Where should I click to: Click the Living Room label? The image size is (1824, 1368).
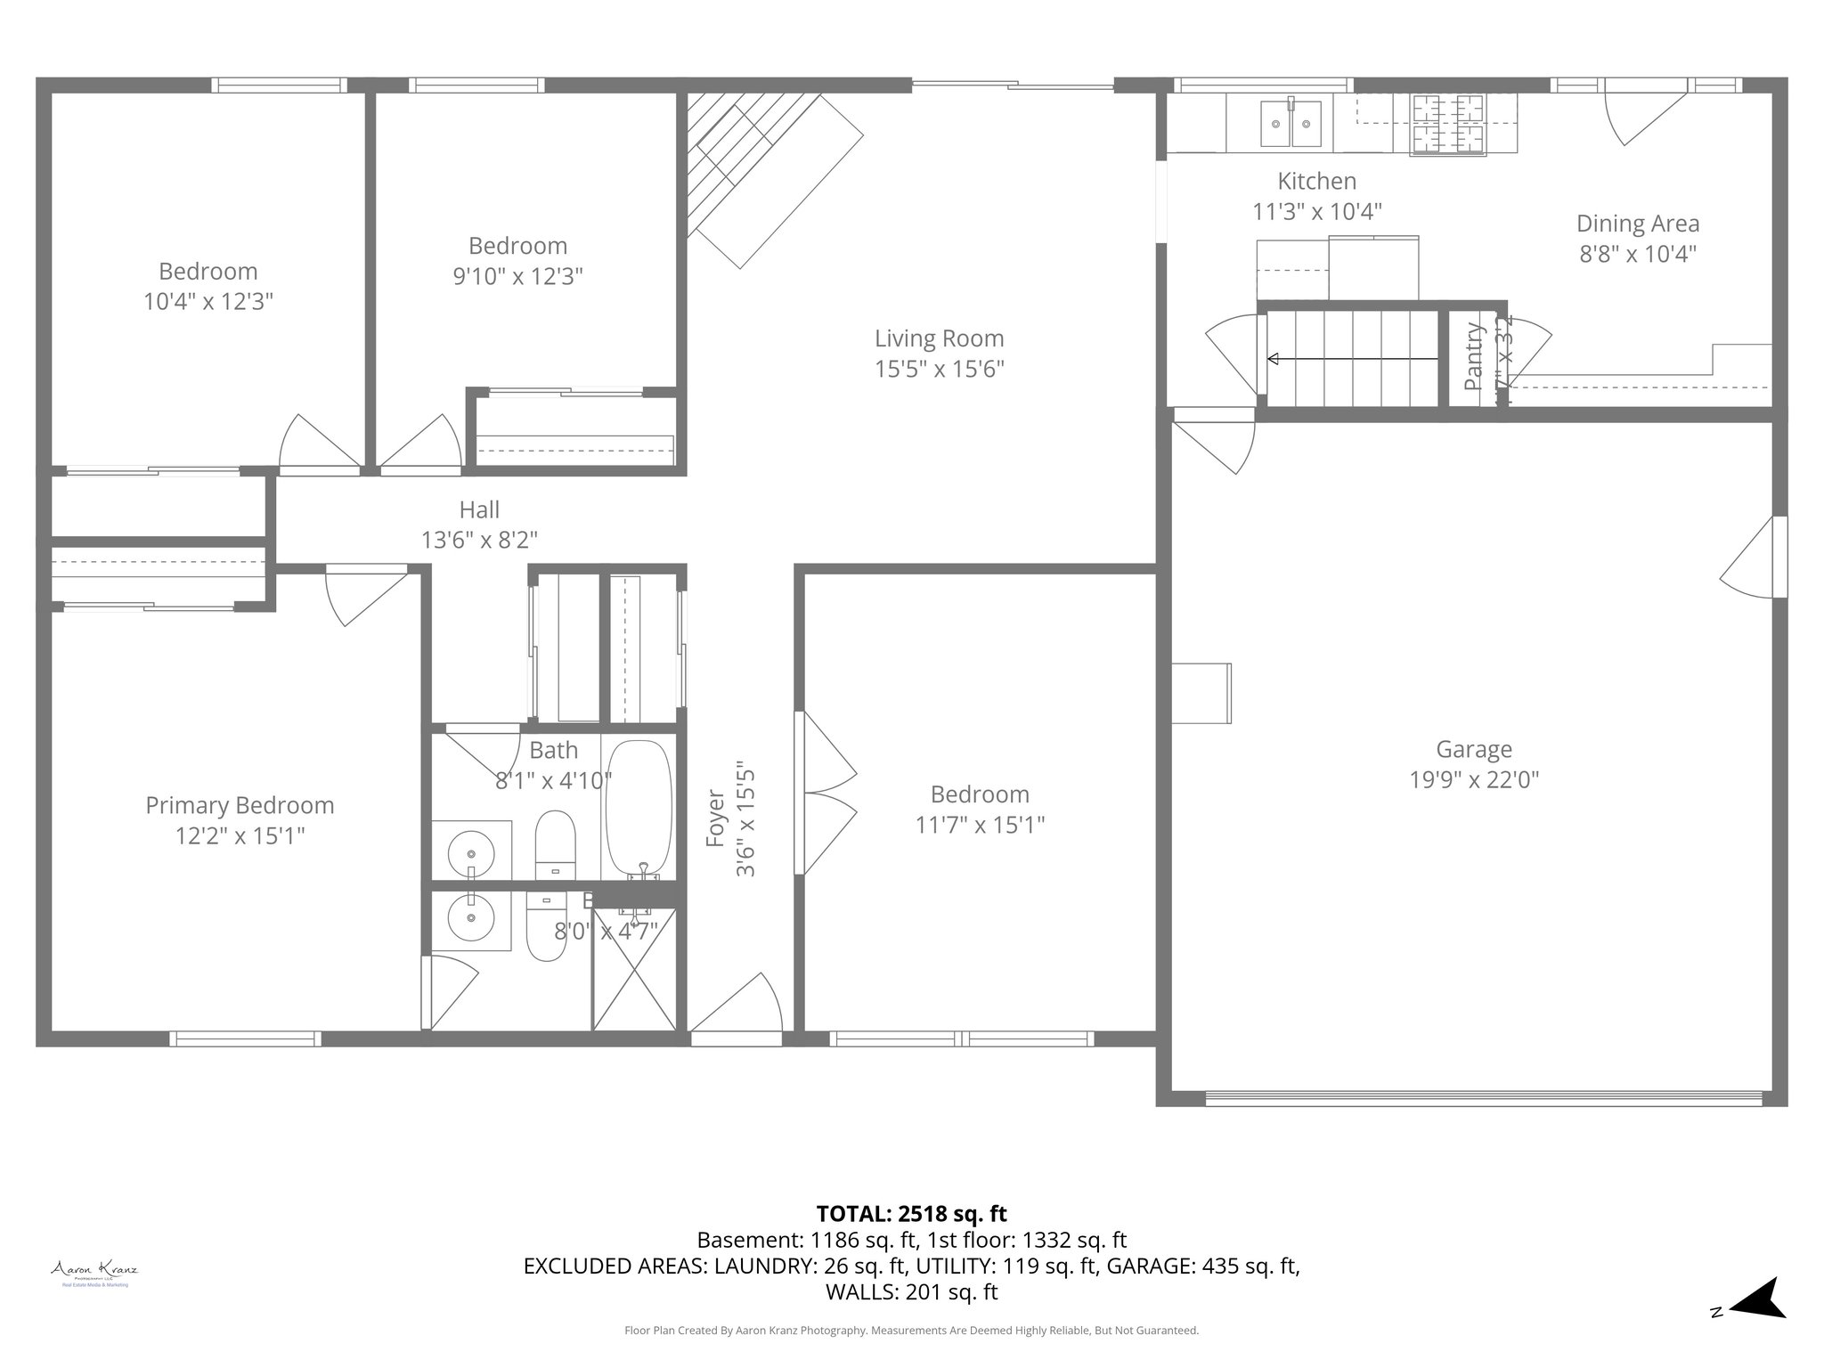(x=939, y=338)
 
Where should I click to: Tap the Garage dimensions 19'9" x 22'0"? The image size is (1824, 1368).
(x=1473, y=780)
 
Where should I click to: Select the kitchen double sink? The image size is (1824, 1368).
(x=1291, y=123)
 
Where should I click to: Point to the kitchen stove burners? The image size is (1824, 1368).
(x=1447, y=123)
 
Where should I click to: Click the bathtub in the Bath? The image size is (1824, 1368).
(x=638, y=806)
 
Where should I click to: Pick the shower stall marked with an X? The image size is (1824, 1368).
(x=634, y=968)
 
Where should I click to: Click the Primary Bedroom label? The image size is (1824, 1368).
(x=240, y=805)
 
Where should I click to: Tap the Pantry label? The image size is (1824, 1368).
(x=1474, y=356)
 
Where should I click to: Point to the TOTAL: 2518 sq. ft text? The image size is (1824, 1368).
(x=911, y=1213)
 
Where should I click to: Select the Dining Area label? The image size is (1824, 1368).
(x=1637, y=224)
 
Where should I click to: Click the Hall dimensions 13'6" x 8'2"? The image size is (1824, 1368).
(x=479, y=540)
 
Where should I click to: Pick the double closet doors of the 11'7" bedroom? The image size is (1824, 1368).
(x=826, y=793)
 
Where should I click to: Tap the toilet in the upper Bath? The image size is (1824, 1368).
(x=556, y=843)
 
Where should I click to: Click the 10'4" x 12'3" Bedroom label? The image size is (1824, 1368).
(x=208, y=272)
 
